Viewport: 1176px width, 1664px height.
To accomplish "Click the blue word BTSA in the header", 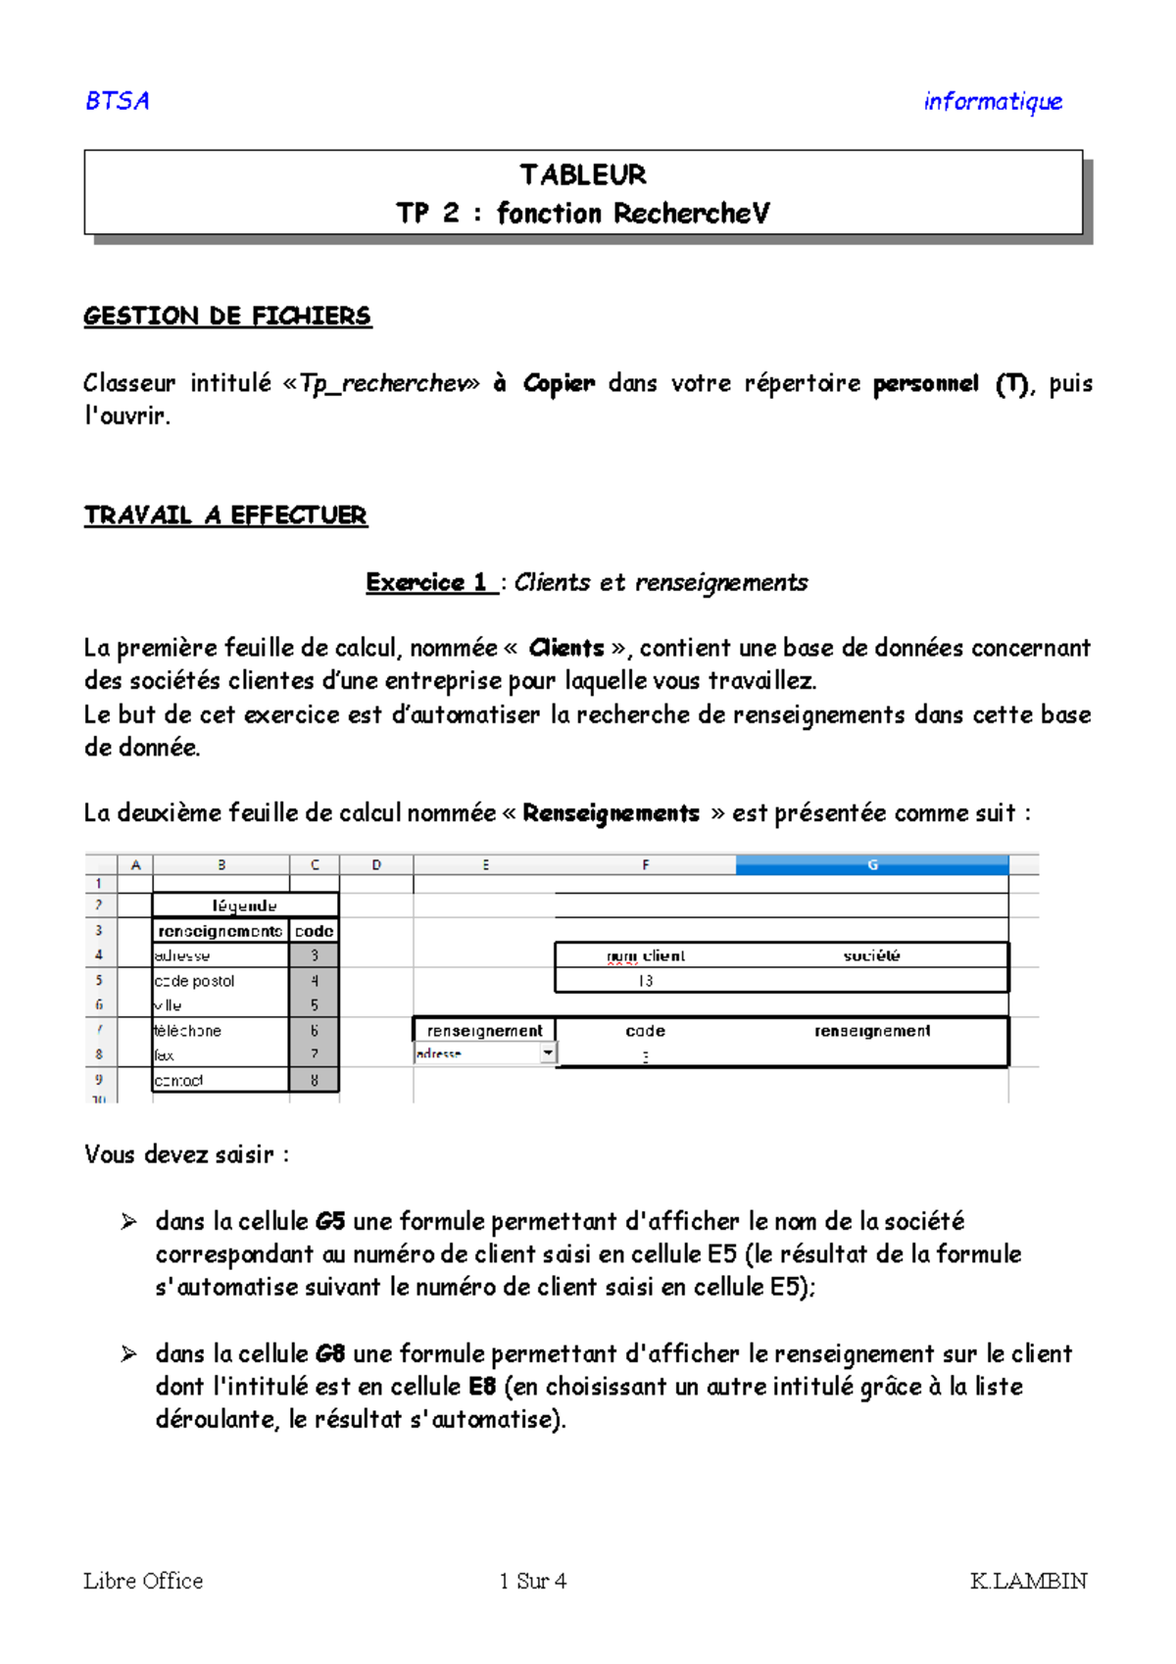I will tap(118, 101).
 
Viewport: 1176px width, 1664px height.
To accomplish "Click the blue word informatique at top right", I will tap(992, 102).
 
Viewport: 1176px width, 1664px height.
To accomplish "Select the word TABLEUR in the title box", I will tap(583, 175).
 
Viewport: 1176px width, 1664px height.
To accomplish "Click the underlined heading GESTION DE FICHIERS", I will tap(227, 316).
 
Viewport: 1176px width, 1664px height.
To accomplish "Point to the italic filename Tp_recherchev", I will tap(383, 383).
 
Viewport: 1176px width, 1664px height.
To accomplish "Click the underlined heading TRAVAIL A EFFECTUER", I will tap(225, 515).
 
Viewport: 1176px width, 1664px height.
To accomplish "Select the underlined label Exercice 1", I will tap(427, 582).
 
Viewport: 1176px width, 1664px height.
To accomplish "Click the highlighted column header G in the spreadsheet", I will tap(871, 864).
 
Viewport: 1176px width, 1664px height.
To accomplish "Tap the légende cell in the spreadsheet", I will tap(245, 905).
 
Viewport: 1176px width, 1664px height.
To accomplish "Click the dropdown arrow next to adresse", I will tap(548, 1052).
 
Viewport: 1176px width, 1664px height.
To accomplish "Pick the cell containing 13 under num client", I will tap(645, 981).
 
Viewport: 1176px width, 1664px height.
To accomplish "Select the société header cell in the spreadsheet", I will tap(871, 955).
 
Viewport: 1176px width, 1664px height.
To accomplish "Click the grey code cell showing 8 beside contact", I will tap(315, 1080).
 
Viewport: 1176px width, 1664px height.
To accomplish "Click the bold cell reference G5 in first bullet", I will tap(330, 1222).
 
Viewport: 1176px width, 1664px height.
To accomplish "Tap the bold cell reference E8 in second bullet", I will tap(482, 1387).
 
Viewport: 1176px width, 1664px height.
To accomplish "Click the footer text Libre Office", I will tap(143, 1581).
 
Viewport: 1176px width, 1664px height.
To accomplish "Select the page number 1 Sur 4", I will tap(533, 1581).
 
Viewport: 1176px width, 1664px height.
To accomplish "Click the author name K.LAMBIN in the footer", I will tap(1028, 1581).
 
